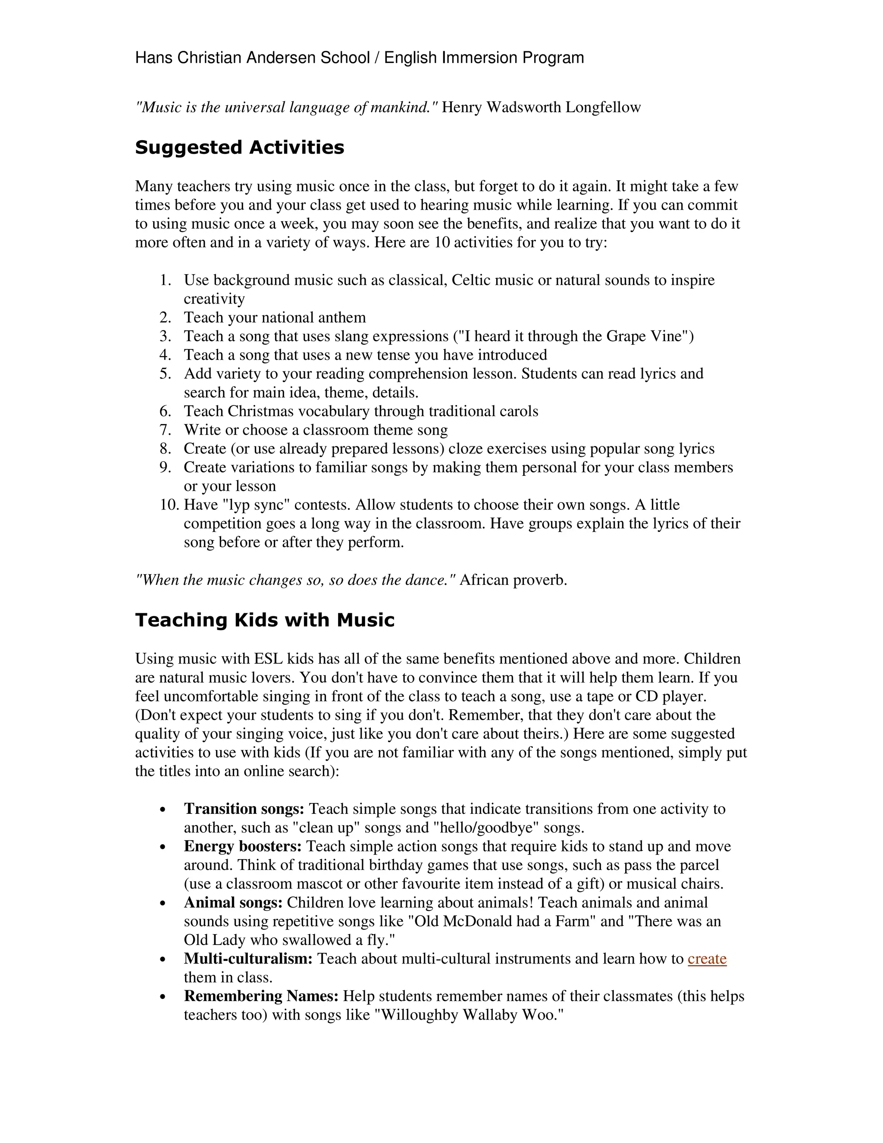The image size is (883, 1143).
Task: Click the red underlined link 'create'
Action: coord(707,959)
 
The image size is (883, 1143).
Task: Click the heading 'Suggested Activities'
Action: coord(240,148)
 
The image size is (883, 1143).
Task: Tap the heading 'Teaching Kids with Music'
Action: coord(265,620)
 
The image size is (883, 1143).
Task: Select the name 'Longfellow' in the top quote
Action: coord(603,107)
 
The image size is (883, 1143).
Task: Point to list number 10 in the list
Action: coord(169,505)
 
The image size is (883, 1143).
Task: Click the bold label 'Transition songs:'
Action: coord(244,809)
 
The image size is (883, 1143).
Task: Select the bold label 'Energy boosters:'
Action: coord(243,846)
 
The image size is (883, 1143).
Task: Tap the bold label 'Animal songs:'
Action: coord(233,903)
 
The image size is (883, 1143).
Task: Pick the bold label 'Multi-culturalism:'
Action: coord(248,959)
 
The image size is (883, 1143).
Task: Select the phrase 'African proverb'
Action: coord(513,581)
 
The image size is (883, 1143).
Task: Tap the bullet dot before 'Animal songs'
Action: coord(164,904)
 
